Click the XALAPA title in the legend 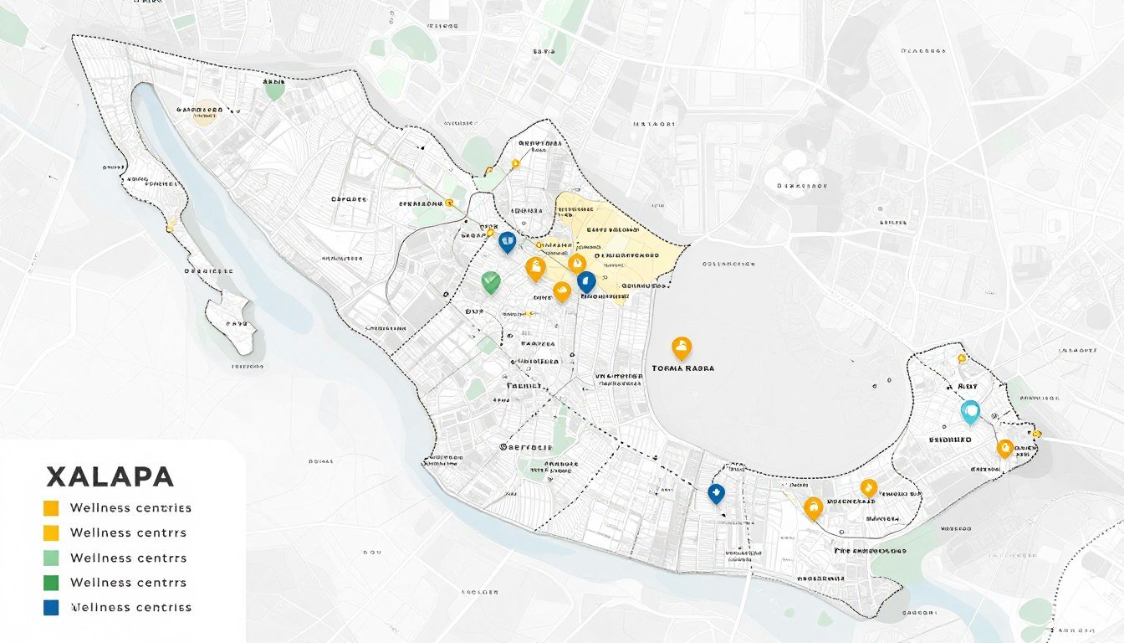(110, 477)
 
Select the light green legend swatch (51, 558)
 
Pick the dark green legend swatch (51, 583)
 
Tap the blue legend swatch (51, 608)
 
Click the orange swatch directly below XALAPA (51, 507)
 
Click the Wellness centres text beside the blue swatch (130, 608)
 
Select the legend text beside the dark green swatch (129, 583)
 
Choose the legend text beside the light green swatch (129, 558)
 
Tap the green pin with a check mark (491, 282)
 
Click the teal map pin (970, 411)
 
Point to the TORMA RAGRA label (682, 368)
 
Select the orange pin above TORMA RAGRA (682, 347)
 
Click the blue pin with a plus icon (716, 493)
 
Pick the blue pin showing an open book (507, 242)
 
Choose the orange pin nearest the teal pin (1004, 448)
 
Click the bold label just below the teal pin (951, 439)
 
